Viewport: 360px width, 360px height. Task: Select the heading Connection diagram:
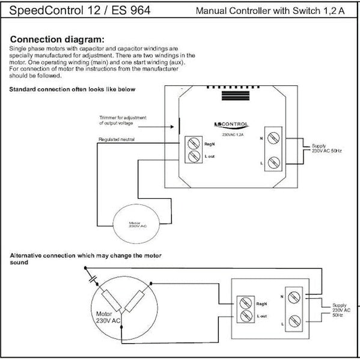point(57,38)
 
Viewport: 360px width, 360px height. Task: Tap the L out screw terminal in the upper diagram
point(194,157)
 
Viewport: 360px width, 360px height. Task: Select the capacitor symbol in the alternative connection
point(92,278)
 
